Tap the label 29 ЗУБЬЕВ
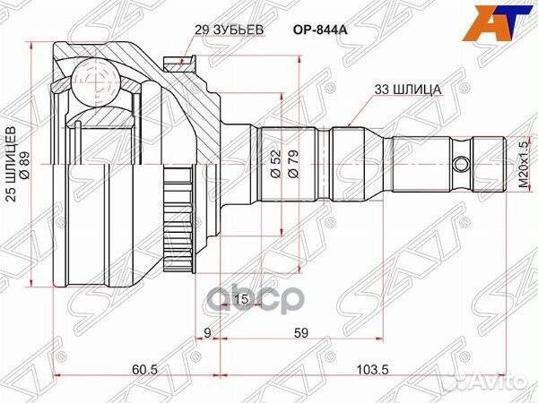click(229, 29)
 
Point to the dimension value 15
click(240, 298)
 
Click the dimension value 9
click(208, 334)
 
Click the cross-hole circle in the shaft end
click(461, 165)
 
